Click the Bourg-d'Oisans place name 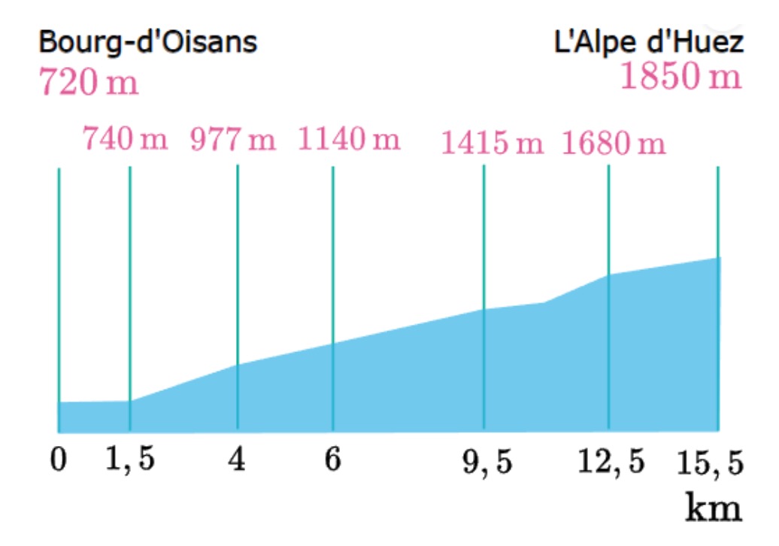[148, 42]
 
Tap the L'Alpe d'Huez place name [649, 42]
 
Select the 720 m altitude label [89, 82]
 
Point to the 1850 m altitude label [680, 77]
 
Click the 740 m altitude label [126, 140]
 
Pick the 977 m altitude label [233, 140]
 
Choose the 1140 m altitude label [350, 140]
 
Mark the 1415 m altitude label [492, 142]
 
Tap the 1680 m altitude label [614, 142]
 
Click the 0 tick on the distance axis [59, 460]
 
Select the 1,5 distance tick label [130, 460]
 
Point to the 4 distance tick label [238, 460]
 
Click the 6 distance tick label [332, 460]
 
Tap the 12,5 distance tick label [611, 462]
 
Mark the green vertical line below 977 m [238, 263]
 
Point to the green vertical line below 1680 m [608, 218]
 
